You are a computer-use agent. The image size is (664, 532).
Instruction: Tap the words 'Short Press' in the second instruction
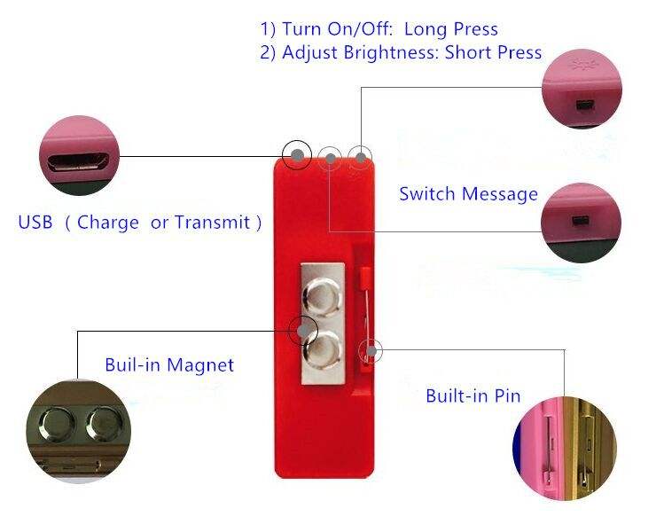click(x=493, y=52)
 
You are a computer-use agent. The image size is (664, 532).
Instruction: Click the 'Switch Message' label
click(x=468, y=194)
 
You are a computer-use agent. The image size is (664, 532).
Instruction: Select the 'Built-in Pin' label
click(x=473, y=395)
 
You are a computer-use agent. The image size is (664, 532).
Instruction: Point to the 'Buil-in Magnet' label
click(x=169, y=364)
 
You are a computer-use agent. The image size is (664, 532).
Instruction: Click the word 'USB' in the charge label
click(x=35, y=222)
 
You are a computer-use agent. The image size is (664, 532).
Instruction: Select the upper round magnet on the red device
click(x=321, y=293)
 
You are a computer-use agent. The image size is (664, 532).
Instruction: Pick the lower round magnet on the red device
click(x=321, y=348)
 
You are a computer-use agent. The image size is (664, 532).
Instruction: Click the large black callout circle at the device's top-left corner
click(x=298, y=156)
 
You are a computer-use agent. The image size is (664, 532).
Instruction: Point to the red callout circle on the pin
click(x=370, y=352)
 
